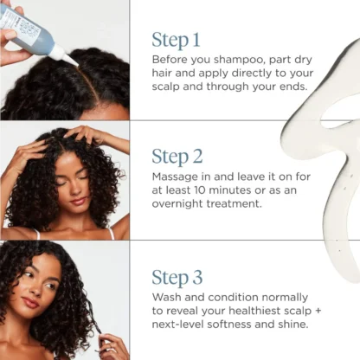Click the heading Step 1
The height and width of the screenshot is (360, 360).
(x=176, y=40)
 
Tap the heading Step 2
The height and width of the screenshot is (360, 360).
(x=177, y=157)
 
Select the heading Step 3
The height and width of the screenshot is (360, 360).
(x=177, y=278)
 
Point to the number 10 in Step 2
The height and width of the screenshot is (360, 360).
(x=199, y=190)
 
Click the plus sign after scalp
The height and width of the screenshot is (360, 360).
(x=318, y=312)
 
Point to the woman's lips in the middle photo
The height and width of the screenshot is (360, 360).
(x=78, y=201)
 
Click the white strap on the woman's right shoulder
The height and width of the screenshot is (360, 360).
(x=111, y=233)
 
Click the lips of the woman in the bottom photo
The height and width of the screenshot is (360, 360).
(x=30, y=302)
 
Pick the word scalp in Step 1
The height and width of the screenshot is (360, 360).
(x=165, y=87)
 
